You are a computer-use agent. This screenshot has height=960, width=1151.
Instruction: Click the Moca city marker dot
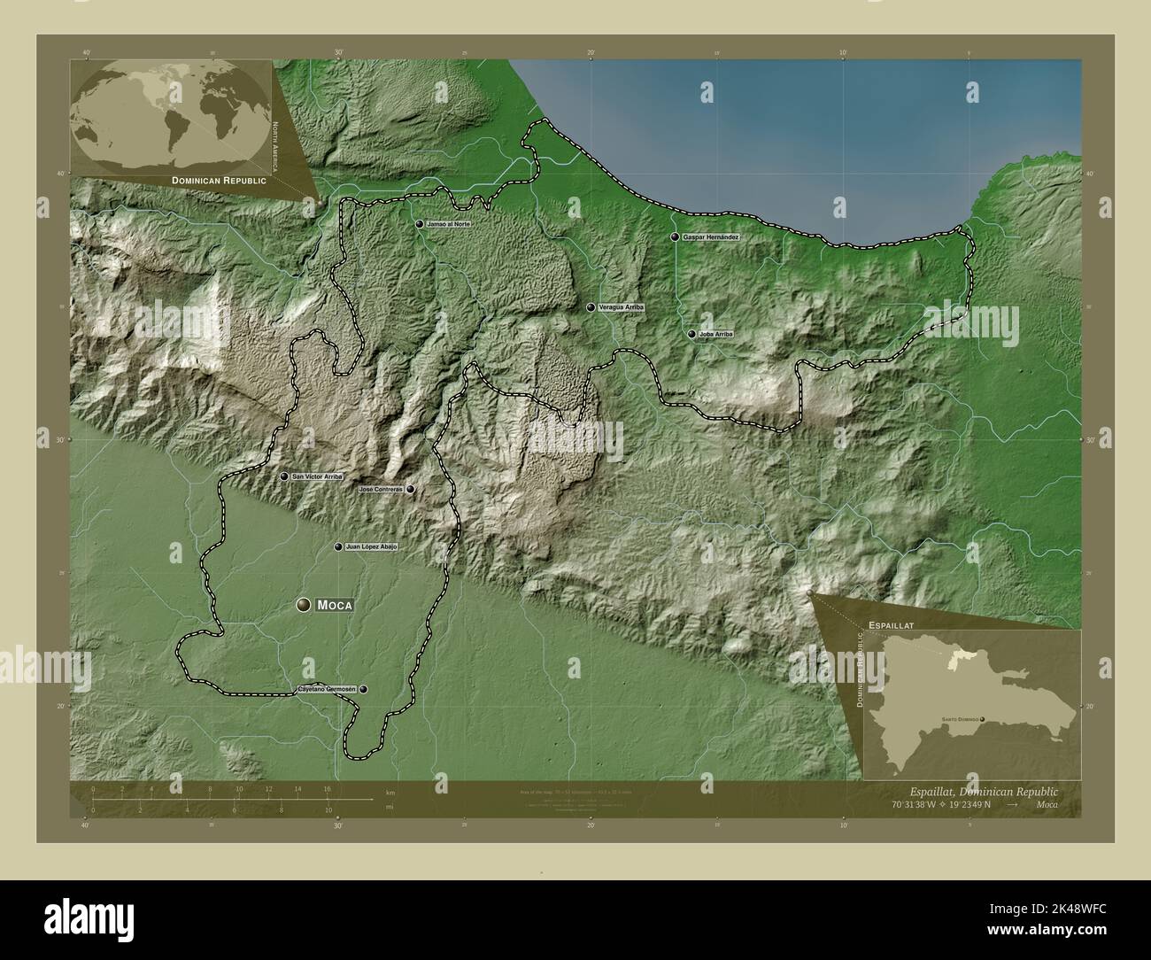(x=304, y=605)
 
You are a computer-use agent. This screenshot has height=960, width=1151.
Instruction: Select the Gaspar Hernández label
(x=710, y=238)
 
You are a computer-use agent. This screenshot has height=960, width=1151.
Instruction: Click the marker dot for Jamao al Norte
(x=420, y=225)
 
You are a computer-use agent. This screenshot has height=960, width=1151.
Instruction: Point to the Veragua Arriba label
(x=622, y=307)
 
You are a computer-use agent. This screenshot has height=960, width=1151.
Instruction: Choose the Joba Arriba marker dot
(x=691, y=335)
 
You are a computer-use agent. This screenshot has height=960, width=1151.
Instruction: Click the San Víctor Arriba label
(x=317, y=476)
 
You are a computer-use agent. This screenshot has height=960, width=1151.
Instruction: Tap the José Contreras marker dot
(x=411, y=489)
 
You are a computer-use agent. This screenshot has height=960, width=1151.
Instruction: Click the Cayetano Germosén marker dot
(x=363, y=689)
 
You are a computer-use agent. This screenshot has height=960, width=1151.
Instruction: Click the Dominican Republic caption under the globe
(x=220, y=180)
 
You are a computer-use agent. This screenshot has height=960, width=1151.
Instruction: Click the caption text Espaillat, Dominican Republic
(x=983, y=791)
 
